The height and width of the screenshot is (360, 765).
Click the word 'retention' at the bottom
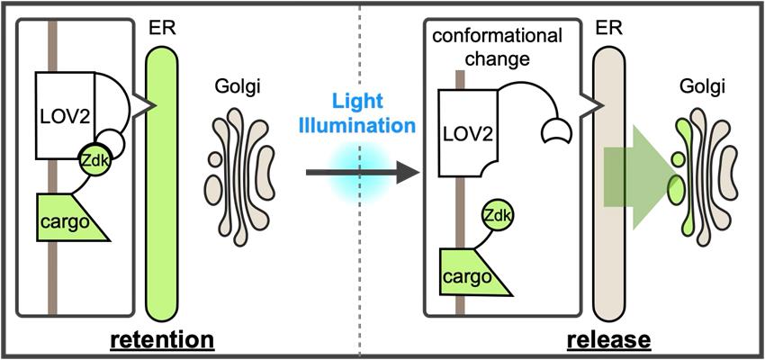click(162, 340)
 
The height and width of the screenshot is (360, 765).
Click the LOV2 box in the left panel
click(68, 112)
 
